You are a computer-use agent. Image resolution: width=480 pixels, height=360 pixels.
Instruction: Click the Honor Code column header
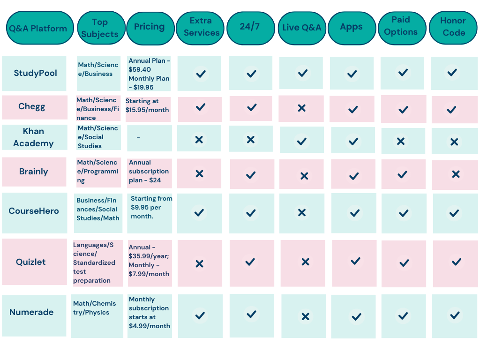pos(453,27)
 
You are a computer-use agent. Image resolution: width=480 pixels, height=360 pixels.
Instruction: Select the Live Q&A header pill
pos(301,27)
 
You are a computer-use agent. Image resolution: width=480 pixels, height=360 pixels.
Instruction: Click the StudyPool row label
pos(35,73)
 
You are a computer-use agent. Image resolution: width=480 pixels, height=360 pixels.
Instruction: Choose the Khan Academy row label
pos(33,137)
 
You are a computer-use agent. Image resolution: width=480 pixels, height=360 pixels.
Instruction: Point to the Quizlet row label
pos(31,262)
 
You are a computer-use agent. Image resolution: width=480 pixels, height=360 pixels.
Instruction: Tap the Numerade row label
pos(31,312)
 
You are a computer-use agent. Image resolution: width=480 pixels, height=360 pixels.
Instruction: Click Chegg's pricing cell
pos(148,105)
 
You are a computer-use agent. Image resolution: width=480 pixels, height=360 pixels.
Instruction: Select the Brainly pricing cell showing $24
pos(149,172)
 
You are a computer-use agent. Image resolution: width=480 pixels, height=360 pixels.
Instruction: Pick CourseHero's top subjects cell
pos(98,210)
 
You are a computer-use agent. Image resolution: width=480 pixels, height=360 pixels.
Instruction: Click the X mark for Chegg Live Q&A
pos(301,108)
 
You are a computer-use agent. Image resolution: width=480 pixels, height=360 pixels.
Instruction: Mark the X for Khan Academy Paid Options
pos(401,141)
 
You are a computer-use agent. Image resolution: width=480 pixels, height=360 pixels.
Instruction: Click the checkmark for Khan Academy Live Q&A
pos(302,141)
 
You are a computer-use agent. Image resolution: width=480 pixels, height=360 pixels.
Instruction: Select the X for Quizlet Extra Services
pos(199,264)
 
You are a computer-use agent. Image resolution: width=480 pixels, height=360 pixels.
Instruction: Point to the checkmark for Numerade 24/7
pos(251,314)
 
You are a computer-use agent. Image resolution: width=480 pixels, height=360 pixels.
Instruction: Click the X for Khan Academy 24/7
pos(251,140)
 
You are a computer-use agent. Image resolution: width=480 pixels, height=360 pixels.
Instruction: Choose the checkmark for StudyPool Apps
pos(352,74)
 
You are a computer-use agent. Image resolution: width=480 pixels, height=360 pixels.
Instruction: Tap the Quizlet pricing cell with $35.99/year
pos(149,261)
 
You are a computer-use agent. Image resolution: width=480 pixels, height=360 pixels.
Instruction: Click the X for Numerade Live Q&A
pos(305,317)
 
